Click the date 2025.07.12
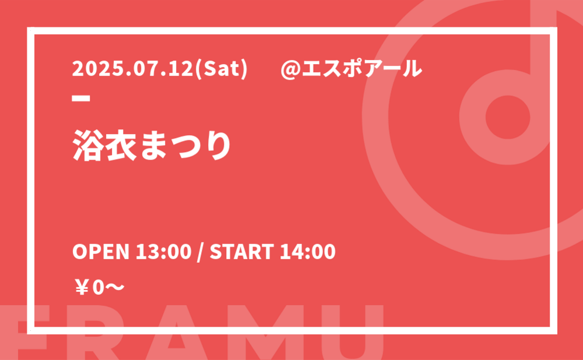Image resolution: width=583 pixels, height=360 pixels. click(x=133, y=69)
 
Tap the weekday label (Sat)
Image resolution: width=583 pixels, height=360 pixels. click(x=220, y=69)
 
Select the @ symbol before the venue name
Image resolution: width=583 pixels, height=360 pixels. click(x=290, y=69)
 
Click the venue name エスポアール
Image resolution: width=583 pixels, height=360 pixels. click(x=362, y=69)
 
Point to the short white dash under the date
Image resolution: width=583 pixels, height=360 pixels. click(x=81, y=98)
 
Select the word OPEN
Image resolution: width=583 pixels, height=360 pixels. click(x=100, y=252)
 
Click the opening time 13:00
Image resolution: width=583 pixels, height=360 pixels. click(x=163, y=252)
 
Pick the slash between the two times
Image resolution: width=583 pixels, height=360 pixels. click(x=201, y=252)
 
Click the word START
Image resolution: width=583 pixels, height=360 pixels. click(x=242, y=252)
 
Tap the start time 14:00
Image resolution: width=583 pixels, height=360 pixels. click(x=307, y=252)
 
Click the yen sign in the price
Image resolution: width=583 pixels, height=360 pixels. click(x=82, y=288)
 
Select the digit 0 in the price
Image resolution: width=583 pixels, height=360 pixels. click(x=98, y=288)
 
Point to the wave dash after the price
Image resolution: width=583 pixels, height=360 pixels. click(x=115, y=287)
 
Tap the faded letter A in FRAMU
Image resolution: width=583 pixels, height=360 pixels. click(x=176, y=332)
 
